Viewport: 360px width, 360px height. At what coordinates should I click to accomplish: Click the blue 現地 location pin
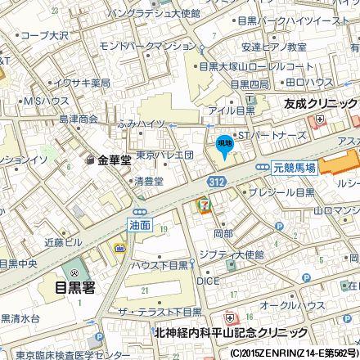[x=224, y=146]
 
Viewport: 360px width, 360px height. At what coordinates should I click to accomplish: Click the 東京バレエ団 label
[x=164, y=155]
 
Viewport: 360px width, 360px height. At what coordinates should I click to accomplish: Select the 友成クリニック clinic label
[x=319, y=104]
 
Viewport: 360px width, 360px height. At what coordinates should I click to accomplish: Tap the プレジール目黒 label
[x=282, y=193]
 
